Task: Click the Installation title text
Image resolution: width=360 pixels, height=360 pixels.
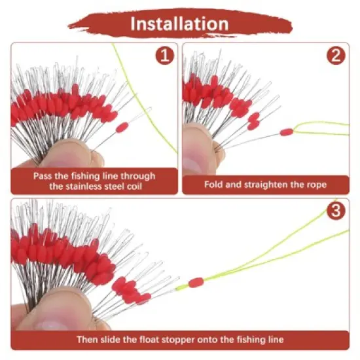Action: pos(179,24)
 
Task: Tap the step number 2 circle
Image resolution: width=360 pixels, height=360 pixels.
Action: pos(337,56)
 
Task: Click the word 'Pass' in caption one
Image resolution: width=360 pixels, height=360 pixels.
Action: pos(45,175)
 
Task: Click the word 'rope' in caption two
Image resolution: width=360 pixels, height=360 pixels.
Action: pos(315,184)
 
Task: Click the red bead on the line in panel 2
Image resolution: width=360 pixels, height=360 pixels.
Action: pos(286,132)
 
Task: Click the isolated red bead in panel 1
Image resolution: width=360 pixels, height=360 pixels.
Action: pos(122,128)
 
